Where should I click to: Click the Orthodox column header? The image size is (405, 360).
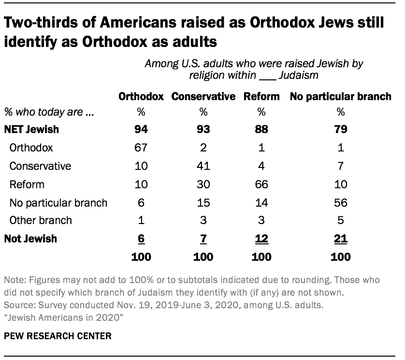pyautogui.click(x=141, y=96)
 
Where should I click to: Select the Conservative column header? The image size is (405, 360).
pyautogui.click(x=203, y=96)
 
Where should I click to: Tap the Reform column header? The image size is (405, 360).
pyautogui.click(x=261, y=96)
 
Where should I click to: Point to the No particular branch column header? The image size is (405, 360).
pyautogui.click(x=340, y=96)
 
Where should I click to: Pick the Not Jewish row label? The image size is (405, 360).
pyautogui.click(x=31, y=238)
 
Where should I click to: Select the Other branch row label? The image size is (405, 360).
pyautogui.click(x=41, y=220)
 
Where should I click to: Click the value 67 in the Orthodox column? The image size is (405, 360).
pyautogui.click(x=141, y=148)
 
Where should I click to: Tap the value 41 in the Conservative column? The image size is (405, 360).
pyautogui.click(x=203, y=166)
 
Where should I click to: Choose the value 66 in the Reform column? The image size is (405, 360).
pyautogui.click(x=261, y=184)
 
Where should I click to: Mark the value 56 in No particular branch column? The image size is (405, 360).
pyautogui.click(x=341, y=202)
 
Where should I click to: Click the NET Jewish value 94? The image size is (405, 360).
pyautogui.click(x=141, y=129)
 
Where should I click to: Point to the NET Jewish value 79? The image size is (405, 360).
pyautogui.click(x=341, y=129)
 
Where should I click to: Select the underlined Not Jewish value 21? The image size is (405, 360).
pyautogui.click(x=341, y=239)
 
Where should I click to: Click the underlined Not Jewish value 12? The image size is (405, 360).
pyautogui.click(x=261, y=239)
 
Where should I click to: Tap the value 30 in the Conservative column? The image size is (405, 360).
pyautogui.click(x=203, y=184)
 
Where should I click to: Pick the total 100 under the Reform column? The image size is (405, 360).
pyautogui.click(x=261, y=256)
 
